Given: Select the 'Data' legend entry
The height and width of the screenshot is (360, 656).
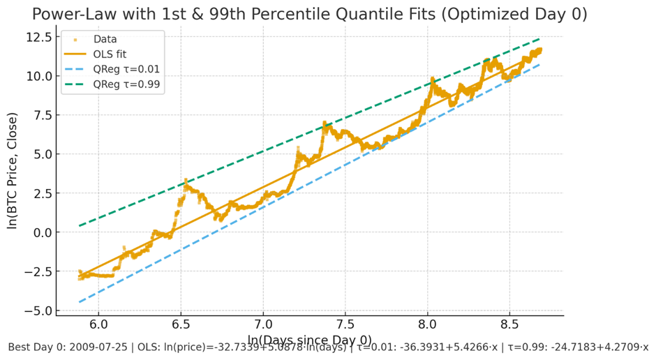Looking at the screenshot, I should click(105, 39).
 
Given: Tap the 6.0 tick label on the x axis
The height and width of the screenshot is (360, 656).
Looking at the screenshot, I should click(98, 324).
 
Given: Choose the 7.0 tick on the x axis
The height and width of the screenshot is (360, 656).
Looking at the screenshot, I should click(263, 324).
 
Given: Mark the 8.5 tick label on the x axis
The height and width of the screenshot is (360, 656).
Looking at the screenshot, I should click(509, 324).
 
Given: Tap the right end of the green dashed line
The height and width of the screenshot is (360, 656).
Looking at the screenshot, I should click(540, 38).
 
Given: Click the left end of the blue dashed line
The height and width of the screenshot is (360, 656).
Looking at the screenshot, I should click(80, 302).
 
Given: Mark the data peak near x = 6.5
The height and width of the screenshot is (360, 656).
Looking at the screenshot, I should click(186, 180).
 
